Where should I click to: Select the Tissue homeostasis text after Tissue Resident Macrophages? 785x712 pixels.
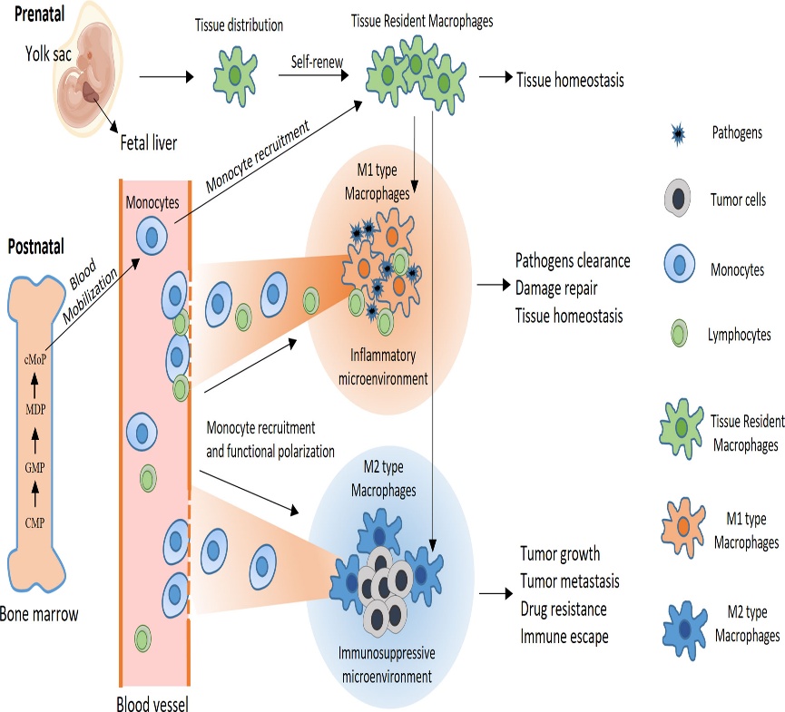[570, 81]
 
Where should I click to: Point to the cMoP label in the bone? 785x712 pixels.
[36, 359]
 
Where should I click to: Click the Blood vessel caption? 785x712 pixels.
[152, 702]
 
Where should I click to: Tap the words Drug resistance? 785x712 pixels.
[563, 609]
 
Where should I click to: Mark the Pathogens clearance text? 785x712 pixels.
[573, 261]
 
